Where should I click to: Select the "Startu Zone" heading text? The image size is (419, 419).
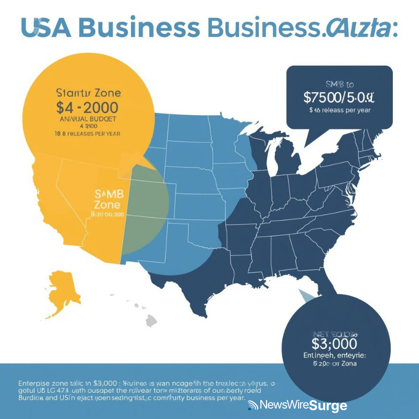(88, 93)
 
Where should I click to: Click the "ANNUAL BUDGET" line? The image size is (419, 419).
(88, 119)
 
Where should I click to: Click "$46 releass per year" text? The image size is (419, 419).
(339, 111)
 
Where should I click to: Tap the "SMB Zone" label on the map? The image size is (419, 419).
(108, 199)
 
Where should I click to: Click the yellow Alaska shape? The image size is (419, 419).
(63, 293)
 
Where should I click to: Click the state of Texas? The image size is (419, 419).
(194, 272)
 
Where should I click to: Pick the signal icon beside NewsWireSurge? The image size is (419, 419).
(253, 405)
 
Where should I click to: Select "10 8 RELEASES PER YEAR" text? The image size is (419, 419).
(88, 134)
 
